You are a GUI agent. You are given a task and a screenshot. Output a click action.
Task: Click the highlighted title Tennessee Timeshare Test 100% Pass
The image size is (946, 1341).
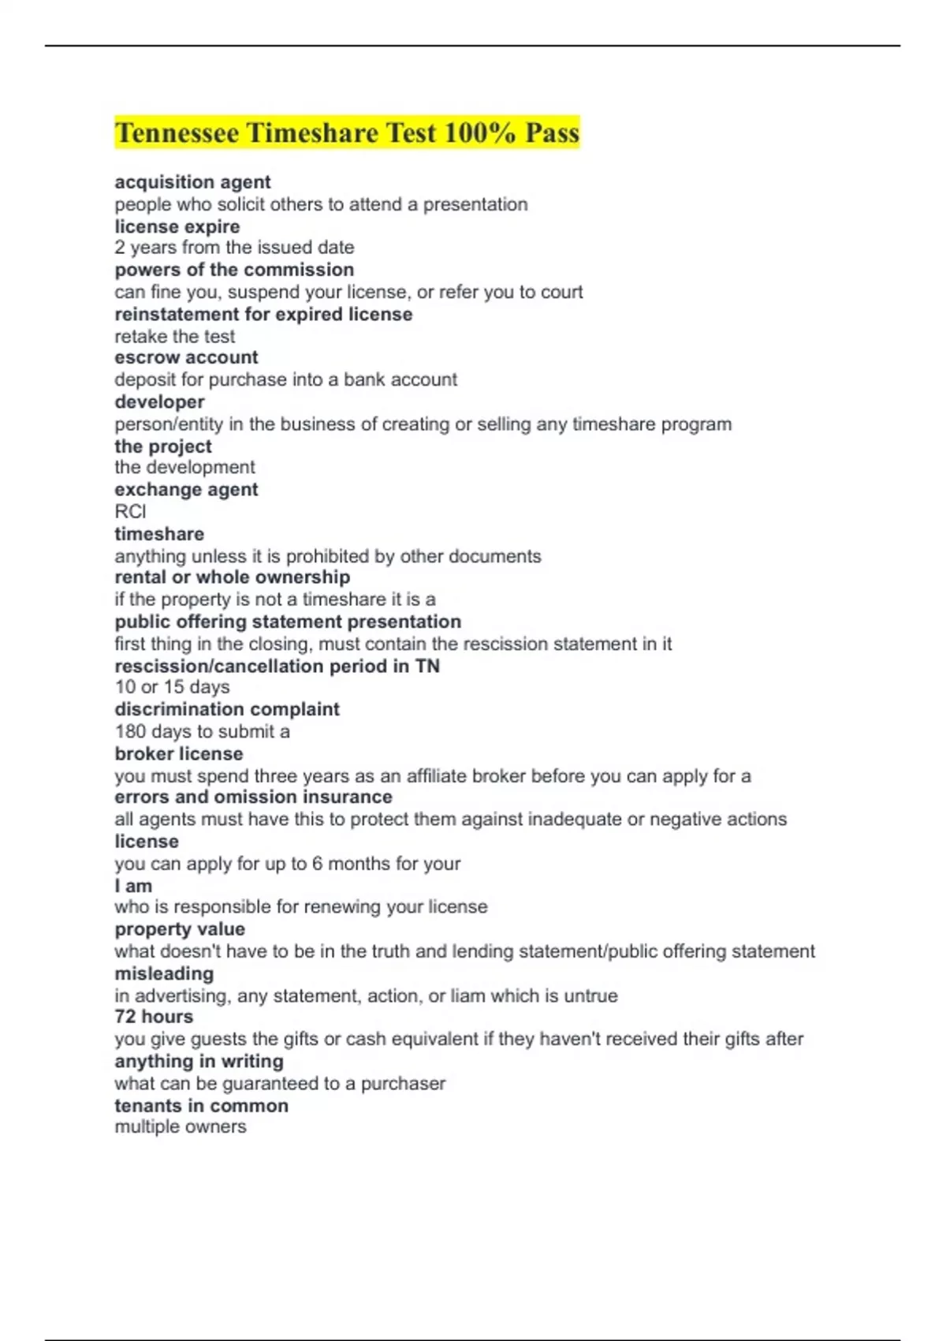click(347, 133)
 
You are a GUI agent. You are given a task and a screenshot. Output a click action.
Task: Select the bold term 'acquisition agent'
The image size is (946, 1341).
click(192, 182)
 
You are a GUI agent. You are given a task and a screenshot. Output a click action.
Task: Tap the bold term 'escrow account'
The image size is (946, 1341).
click(186, 357)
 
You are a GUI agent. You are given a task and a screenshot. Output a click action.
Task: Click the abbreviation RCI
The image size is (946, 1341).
click(130, 511)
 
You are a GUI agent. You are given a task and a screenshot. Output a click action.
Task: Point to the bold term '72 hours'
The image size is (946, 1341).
click(154, 1017)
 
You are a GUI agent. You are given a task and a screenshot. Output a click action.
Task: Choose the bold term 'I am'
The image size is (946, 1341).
click(133, 886)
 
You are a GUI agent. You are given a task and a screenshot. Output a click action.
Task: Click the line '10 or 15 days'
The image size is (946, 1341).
click(172, 687)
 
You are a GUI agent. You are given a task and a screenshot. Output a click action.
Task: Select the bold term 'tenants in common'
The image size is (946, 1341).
click(201, 1106)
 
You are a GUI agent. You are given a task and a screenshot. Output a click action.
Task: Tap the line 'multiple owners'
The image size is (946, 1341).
click(180, 1126)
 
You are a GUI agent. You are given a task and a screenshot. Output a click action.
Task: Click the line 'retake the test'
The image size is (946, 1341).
click(174, 337)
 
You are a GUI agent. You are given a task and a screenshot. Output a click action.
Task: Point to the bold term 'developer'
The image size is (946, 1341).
click(159, 402)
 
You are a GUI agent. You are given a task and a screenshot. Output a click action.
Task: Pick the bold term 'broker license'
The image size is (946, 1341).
click(178, 753)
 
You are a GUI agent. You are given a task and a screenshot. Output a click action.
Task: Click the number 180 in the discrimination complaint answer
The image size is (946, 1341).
click(130, 731)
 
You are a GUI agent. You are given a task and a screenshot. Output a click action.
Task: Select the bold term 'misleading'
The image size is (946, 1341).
click(164, 973)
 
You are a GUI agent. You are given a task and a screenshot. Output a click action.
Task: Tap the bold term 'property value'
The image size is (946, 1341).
click(180, 929)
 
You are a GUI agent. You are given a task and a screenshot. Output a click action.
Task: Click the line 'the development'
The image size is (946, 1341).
click(184, 467)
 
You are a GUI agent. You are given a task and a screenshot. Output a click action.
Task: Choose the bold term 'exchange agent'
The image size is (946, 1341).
click(186, 489)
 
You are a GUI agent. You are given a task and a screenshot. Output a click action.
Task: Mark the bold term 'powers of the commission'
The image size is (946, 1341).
click(234, 270)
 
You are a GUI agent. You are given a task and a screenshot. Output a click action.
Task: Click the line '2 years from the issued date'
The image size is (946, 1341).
click(234, 248)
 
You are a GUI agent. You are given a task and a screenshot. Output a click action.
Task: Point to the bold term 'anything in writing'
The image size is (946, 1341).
click(199, 1062)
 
